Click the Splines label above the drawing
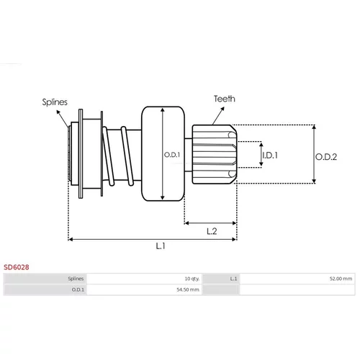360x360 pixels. pos(55,102)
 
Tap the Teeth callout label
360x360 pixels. pos(225,99)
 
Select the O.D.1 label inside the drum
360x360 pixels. pos(172,155)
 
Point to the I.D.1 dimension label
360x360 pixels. pos(270,156)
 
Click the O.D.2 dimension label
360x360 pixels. pos(326,157)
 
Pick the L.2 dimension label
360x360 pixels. pos(212,231)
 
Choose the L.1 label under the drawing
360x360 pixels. pos(161,246)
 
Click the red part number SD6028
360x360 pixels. pos(17,267)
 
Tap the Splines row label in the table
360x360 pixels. pos(76,279)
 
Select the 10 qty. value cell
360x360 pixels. pos(192,279)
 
